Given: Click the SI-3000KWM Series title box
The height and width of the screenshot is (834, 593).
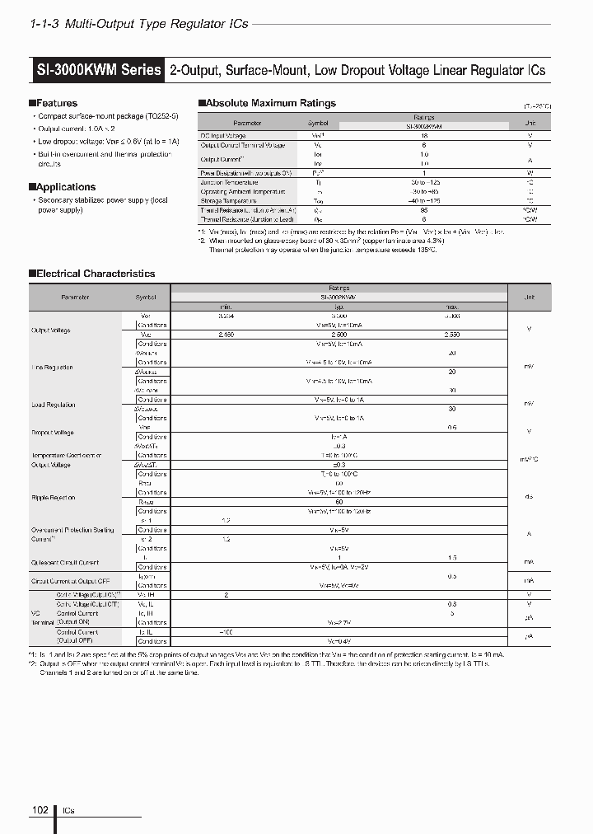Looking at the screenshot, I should coord(98,70).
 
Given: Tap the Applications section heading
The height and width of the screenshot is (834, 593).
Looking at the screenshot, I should coord(65,187).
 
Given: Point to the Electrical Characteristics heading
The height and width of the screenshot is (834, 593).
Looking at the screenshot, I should coord(96,273).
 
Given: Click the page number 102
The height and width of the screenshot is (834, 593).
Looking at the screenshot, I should coord(40,810).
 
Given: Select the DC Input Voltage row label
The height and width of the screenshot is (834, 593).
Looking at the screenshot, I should coord(223,136).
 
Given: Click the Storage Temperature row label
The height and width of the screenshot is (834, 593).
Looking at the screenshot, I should coord(228,200).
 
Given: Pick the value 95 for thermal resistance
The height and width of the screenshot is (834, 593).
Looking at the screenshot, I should coord(424,210).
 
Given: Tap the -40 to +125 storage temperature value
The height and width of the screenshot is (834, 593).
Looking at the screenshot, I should coord(424,200).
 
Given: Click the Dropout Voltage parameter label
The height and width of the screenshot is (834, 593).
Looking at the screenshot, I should coord(53,432).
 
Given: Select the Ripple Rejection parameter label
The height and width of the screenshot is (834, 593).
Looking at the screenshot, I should coord(54,498).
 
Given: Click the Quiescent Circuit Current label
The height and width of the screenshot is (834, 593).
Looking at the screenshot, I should coord(65,562).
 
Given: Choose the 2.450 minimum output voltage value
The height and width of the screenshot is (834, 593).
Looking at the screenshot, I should coord(226,335).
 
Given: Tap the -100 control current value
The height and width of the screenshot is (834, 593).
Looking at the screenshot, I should coord(226,631).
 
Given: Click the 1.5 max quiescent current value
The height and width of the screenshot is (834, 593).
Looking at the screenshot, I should coord(452,557).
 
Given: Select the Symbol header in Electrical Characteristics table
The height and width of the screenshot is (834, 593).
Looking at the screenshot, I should coord(144,297).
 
